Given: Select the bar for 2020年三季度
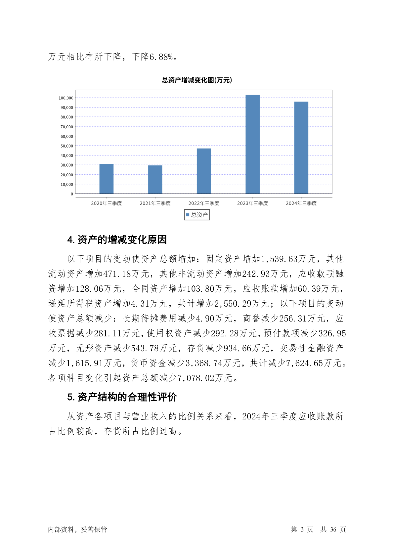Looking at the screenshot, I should [106, 179].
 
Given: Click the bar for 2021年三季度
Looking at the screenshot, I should [155, 179].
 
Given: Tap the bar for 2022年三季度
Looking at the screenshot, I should [204, 171].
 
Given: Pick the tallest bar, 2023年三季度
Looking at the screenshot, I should [252, 144].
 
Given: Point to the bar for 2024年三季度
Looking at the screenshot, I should [301, 148].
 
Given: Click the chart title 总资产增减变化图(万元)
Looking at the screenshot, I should [197, 80].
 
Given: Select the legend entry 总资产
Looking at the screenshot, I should [197, 215].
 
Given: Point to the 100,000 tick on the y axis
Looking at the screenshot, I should [66, 98].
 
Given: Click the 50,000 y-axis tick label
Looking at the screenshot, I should [66, 146].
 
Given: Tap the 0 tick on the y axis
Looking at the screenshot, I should [71, 194].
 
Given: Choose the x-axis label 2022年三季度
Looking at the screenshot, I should [204, 203].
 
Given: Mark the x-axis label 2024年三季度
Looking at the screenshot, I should [301, 203].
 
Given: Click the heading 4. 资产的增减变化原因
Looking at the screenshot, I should [117, 239].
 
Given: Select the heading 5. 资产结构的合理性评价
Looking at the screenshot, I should [122, 397].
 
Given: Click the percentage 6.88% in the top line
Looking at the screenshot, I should [161, 57].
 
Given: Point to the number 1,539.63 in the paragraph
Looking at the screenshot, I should [280, 259].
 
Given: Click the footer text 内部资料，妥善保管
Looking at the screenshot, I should [77, 529].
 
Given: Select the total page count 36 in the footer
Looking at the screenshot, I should [333, 529].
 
